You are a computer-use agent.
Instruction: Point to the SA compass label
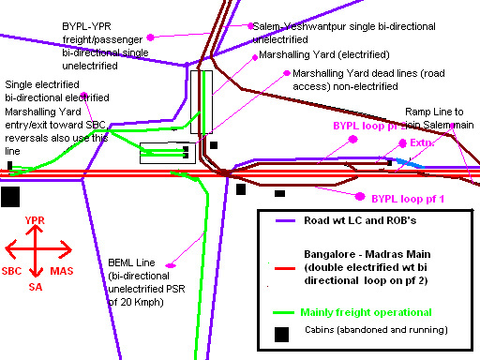click(x=36, y=286)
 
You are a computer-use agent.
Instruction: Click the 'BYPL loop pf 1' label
click(x=401, y=198)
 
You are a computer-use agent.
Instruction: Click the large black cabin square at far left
click(x=10, y=196)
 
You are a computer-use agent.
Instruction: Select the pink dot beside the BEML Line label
click(x=171, y=266)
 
